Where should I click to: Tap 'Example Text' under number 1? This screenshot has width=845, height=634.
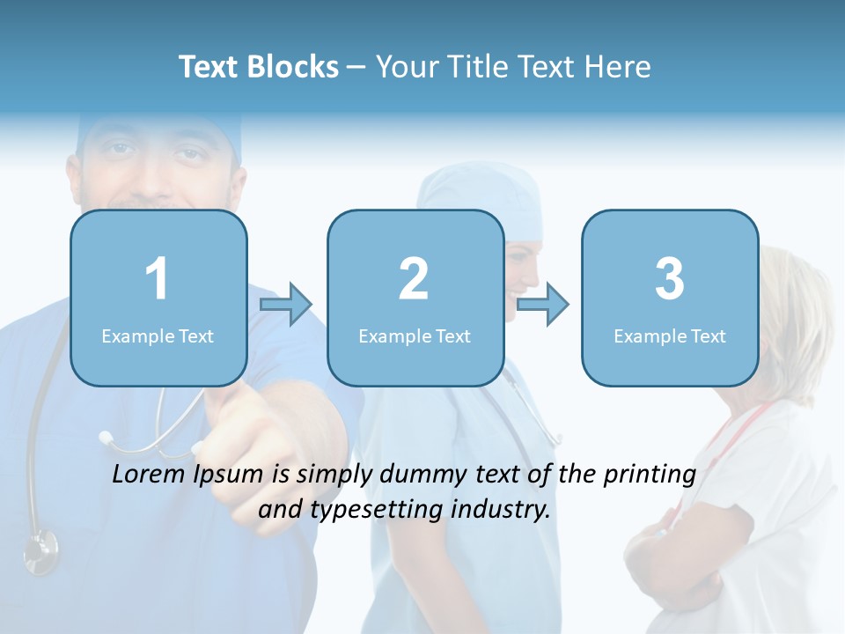pyautogui.click(x=158, y=335)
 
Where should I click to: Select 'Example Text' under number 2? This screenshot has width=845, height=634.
pyautogui.click(x=415, y=335)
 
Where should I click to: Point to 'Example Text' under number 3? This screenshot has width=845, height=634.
pyautogui.click(x=670, y=335)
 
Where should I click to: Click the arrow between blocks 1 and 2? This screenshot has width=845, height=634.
pyautogui.click(x=286, y=305)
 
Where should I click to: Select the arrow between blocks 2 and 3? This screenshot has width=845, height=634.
pyautogui.click(x=542, y=305)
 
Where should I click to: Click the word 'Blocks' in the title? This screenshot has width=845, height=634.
pyautogui.click(x=294, y=67)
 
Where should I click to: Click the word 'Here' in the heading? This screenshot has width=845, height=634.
pyautogui.click(x=618, y=67)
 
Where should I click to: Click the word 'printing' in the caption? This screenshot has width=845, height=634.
pyautogui.click(x=650, y=475)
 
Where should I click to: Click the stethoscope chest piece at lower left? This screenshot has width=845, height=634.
pyautogui.click(x=40, y=549)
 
